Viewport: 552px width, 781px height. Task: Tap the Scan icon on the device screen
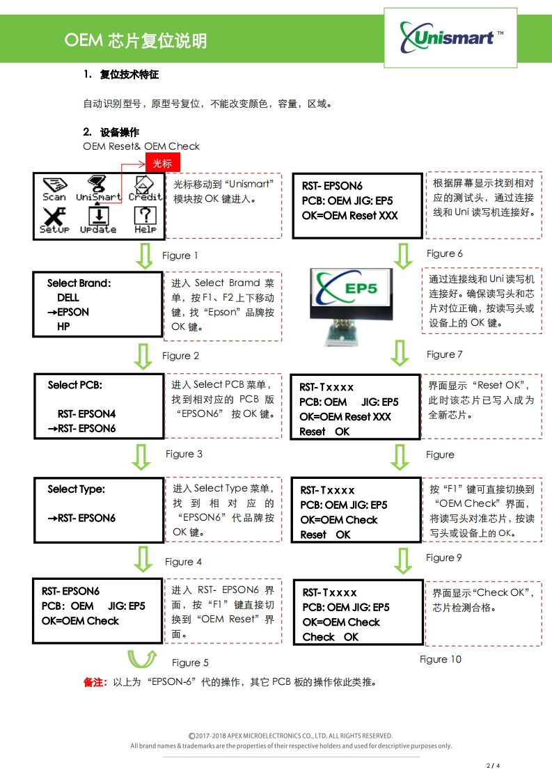point(54,189)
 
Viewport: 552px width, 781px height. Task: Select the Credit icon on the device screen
point(144,189)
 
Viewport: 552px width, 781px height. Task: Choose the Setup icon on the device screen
point(54,221)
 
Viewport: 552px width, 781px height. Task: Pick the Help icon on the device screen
point(145,221)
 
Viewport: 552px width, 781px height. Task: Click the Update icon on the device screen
point(98,221)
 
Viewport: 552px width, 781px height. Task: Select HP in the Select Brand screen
point(63,326)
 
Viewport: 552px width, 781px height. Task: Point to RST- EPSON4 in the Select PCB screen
point(86,414)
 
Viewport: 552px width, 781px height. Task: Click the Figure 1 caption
point(180,255)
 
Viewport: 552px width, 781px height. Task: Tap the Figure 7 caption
point(444,354)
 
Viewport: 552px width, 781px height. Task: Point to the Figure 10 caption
point(440,659)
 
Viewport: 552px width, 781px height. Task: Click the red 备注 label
point(95,682)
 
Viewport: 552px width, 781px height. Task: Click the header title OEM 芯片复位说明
point(136,41)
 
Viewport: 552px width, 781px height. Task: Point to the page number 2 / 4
point(493,766)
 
